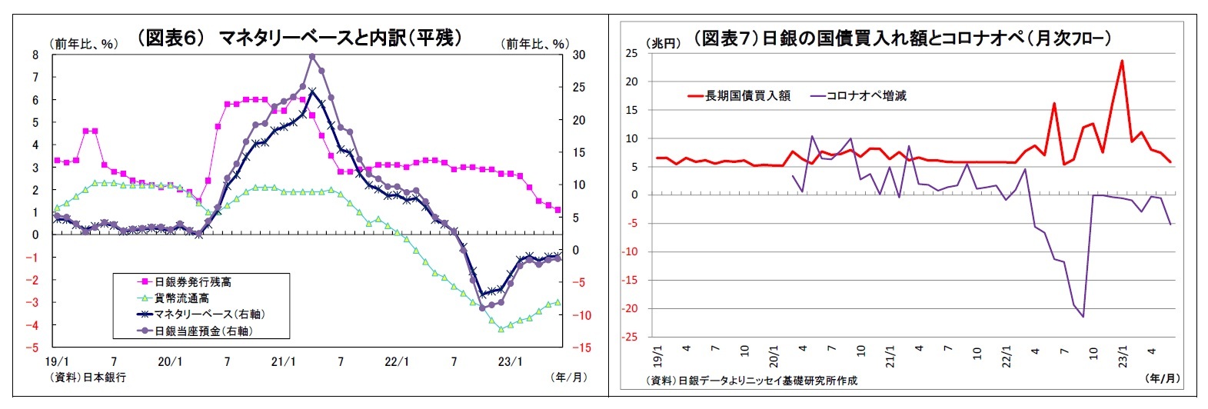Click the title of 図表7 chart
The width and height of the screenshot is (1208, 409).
(x=901, y=38)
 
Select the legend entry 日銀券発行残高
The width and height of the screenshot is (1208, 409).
(x=192, y=282)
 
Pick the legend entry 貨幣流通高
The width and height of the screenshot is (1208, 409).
(x=181, y=298)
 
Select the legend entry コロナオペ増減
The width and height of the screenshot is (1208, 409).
(x=866, y=96)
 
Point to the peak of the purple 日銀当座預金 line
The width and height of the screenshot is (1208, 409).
(x=312, y=56)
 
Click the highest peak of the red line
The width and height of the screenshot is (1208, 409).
(x=1122, y=61)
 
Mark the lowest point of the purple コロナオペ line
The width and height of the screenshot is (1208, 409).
(x=1083, y=317)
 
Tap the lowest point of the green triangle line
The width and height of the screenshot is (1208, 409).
(x=501, y=329)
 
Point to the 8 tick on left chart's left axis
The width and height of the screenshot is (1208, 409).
(x=35, y=55)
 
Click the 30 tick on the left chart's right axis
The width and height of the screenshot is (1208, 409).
(x=579, y=55)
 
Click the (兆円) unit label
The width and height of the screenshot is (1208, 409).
(x=663, y=43)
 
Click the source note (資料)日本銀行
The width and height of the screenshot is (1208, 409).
(x=88, y=377)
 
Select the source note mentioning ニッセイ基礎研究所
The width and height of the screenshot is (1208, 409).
(x=751, y=381)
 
